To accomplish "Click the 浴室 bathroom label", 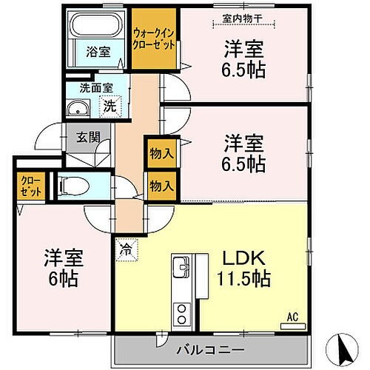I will click(96, 53).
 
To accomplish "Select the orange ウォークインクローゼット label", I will click(154, 38).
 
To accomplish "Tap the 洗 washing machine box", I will click(108, 106).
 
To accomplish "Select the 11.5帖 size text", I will click(244, 280).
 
